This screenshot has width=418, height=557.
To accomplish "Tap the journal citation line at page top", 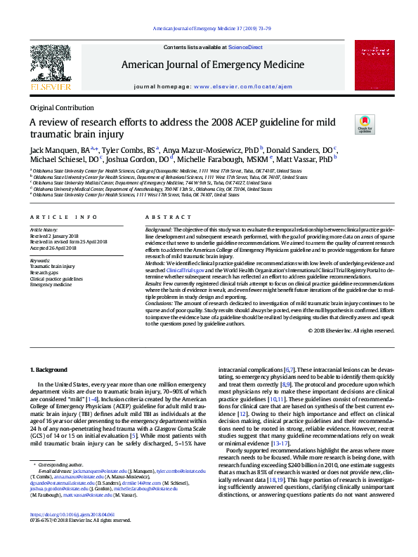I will [208, 28].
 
